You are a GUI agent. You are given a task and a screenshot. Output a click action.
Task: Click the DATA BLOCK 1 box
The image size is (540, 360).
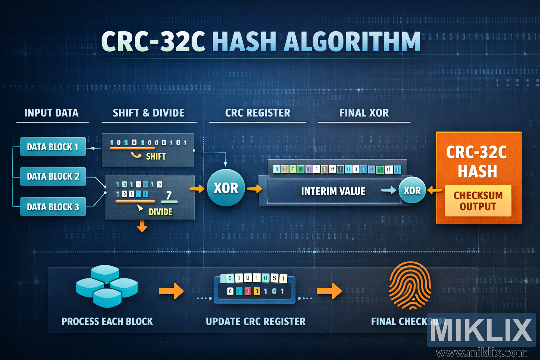[x=53, y=147]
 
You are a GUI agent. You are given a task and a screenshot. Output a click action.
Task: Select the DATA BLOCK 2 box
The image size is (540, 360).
[x=53, y=176]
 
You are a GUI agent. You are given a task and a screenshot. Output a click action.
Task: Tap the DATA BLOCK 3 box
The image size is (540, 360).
[x=53, y=207]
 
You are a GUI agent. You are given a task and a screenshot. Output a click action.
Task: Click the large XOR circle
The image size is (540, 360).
[x=226, y=188]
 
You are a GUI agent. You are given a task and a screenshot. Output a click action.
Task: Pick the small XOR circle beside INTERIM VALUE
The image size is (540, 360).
[x=412, y=191]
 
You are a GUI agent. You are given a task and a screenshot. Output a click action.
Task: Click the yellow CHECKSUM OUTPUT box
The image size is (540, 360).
[x=478, y=201]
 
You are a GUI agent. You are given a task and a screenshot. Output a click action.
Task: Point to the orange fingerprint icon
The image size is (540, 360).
[x=410, y=285]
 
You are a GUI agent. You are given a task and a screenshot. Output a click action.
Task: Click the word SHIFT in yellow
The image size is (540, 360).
[x=156, y=156]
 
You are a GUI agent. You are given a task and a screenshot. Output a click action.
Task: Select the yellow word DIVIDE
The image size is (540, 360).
[x=160, y=212]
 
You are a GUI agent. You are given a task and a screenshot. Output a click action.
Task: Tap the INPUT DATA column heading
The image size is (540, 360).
[x=51, y=113]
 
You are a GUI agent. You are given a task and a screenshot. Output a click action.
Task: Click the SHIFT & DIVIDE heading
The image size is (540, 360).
[x=148, y=113]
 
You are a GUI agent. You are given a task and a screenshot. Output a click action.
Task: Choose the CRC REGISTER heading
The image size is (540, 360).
[x=258, y=113]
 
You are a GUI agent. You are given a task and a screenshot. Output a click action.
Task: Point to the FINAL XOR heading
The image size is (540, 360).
[x=364, y=113]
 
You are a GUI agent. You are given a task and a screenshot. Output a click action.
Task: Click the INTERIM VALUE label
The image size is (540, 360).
[x=333, y=191]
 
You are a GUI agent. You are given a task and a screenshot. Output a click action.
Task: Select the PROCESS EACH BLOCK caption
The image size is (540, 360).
[x=107, y=321]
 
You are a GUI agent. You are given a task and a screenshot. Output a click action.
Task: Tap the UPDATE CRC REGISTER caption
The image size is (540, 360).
[x=256, y=321]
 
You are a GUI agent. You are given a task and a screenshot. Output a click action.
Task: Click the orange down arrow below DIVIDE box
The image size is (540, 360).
[x=142, y=226]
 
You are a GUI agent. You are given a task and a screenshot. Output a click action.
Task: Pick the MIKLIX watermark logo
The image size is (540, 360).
[x=481, y=330]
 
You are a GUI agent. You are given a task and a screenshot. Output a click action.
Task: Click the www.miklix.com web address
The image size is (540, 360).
[x=481, y=353]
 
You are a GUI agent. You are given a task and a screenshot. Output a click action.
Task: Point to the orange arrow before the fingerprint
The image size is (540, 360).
[x=329, y=291]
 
